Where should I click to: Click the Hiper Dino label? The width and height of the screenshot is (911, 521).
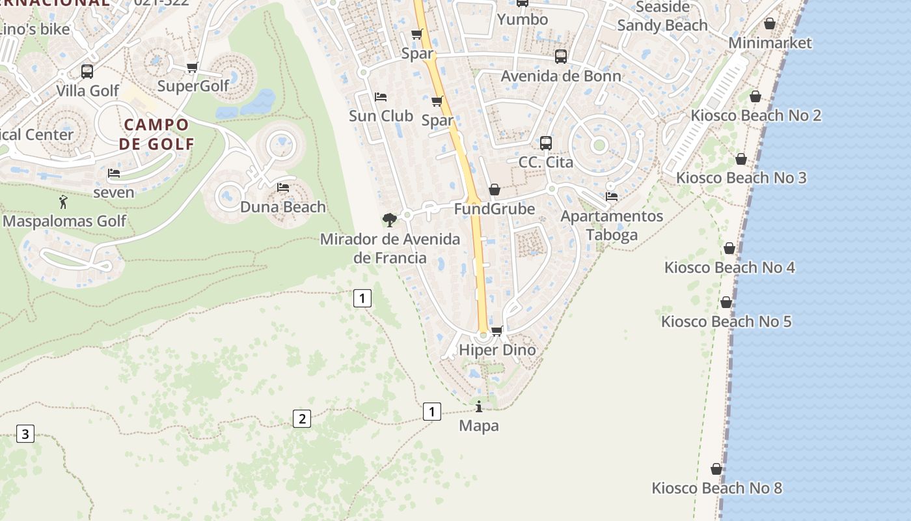pos(497,350)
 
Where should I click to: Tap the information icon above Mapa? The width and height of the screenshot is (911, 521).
pos(480,407)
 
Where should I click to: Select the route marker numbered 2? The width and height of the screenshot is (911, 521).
pos(301,419)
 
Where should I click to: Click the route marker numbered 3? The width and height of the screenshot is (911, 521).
pos(25,434)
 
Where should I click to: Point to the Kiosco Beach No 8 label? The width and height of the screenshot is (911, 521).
pos(716,488)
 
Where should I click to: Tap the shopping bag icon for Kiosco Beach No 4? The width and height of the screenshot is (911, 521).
pos(729,248)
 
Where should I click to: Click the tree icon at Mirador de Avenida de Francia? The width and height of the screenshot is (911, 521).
pos(390,220)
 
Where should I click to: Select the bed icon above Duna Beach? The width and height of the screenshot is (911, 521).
pos(283,188)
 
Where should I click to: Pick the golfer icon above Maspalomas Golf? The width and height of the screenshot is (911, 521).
pos(63,203)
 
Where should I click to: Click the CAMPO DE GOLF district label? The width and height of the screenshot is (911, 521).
pos(156,134)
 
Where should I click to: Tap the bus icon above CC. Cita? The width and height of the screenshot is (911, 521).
pos(546,143)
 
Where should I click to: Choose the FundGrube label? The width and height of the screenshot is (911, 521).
pos(495,209)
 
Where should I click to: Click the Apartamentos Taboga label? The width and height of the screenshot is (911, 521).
pos(612,225)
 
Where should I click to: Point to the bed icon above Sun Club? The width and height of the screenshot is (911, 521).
pos(381,97)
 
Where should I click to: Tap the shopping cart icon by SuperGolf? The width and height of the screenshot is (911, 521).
pos(192,68)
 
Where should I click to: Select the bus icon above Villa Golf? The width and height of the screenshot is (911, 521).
pos(87,72)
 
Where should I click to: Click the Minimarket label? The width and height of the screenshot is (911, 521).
pos(770,43)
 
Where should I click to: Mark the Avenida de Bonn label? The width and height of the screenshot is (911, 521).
pos(560,76)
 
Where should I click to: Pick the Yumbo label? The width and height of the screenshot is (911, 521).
pos(523,20)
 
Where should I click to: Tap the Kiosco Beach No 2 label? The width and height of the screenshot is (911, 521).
pos(755,116)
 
